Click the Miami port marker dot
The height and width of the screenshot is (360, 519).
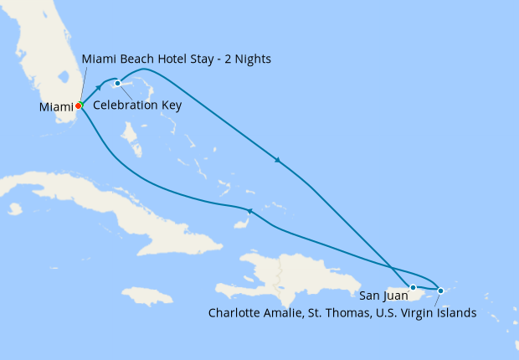[79, 106]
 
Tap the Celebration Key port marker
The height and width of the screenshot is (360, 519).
[117, 83]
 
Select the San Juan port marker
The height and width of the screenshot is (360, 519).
[413, 287]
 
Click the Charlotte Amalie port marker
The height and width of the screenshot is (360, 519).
[441, 291]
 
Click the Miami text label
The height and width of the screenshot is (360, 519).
[55, 107]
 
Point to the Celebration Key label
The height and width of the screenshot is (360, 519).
[137, 105]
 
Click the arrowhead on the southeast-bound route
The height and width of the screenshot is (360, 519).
[277, 160]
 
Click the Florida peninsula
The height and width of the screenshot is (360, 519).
[46, 50]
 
